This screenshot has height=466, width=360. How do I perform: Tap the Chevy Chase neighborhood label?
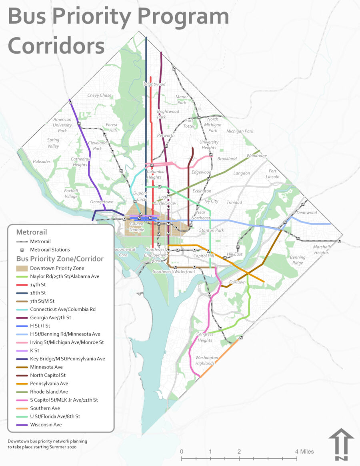point(99,96)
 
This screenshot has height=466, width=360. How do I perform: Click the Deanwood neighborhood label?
point(306,213)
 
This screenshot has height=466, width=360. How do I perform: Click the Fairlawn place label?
point(236,282)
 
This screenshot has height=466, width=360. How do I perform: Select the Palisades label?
point(42,162)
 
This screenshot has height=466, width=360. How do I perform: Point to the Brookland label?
point(227,159)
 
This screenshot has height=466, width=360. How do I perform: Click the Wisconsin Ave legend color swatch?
point(22,425)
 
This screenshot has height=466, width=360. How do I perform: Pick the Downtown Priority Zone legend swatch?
point(22,268)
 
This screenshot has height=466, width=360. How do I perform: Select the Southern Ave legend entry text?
point(45,408)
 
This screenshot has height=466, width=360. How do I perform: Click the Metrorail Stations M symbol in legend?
point(22,250)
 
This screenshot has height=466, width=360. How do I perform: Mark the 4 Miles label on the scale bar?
point(305,452)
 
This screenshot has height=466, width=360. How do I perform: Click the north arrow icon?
point(341,444)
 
